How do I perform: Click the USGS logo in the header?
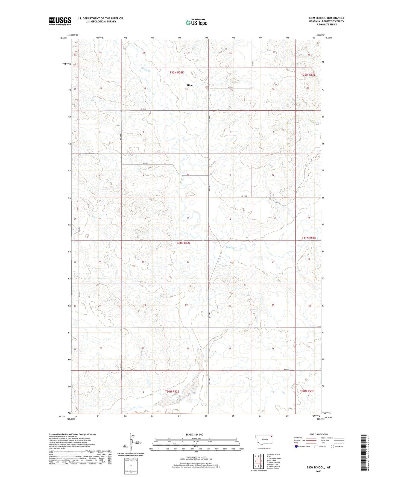click(60, 21)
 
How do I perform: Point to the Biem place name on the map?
click(190, 85)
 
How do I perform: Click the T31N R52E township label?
click(183, 243)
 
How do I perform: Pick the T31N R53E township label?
click(309, 238)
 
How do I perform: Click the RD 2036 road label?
click(143, 109)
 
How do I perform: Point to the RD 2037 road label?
click(145, 163)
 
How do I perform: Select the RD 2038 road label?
click(244, 196)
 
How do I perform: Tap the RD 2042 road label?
click(286, 369)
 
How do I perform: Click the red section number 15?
click(188, 218)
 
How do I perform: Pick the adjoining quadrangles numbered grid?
click(258, 461)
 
